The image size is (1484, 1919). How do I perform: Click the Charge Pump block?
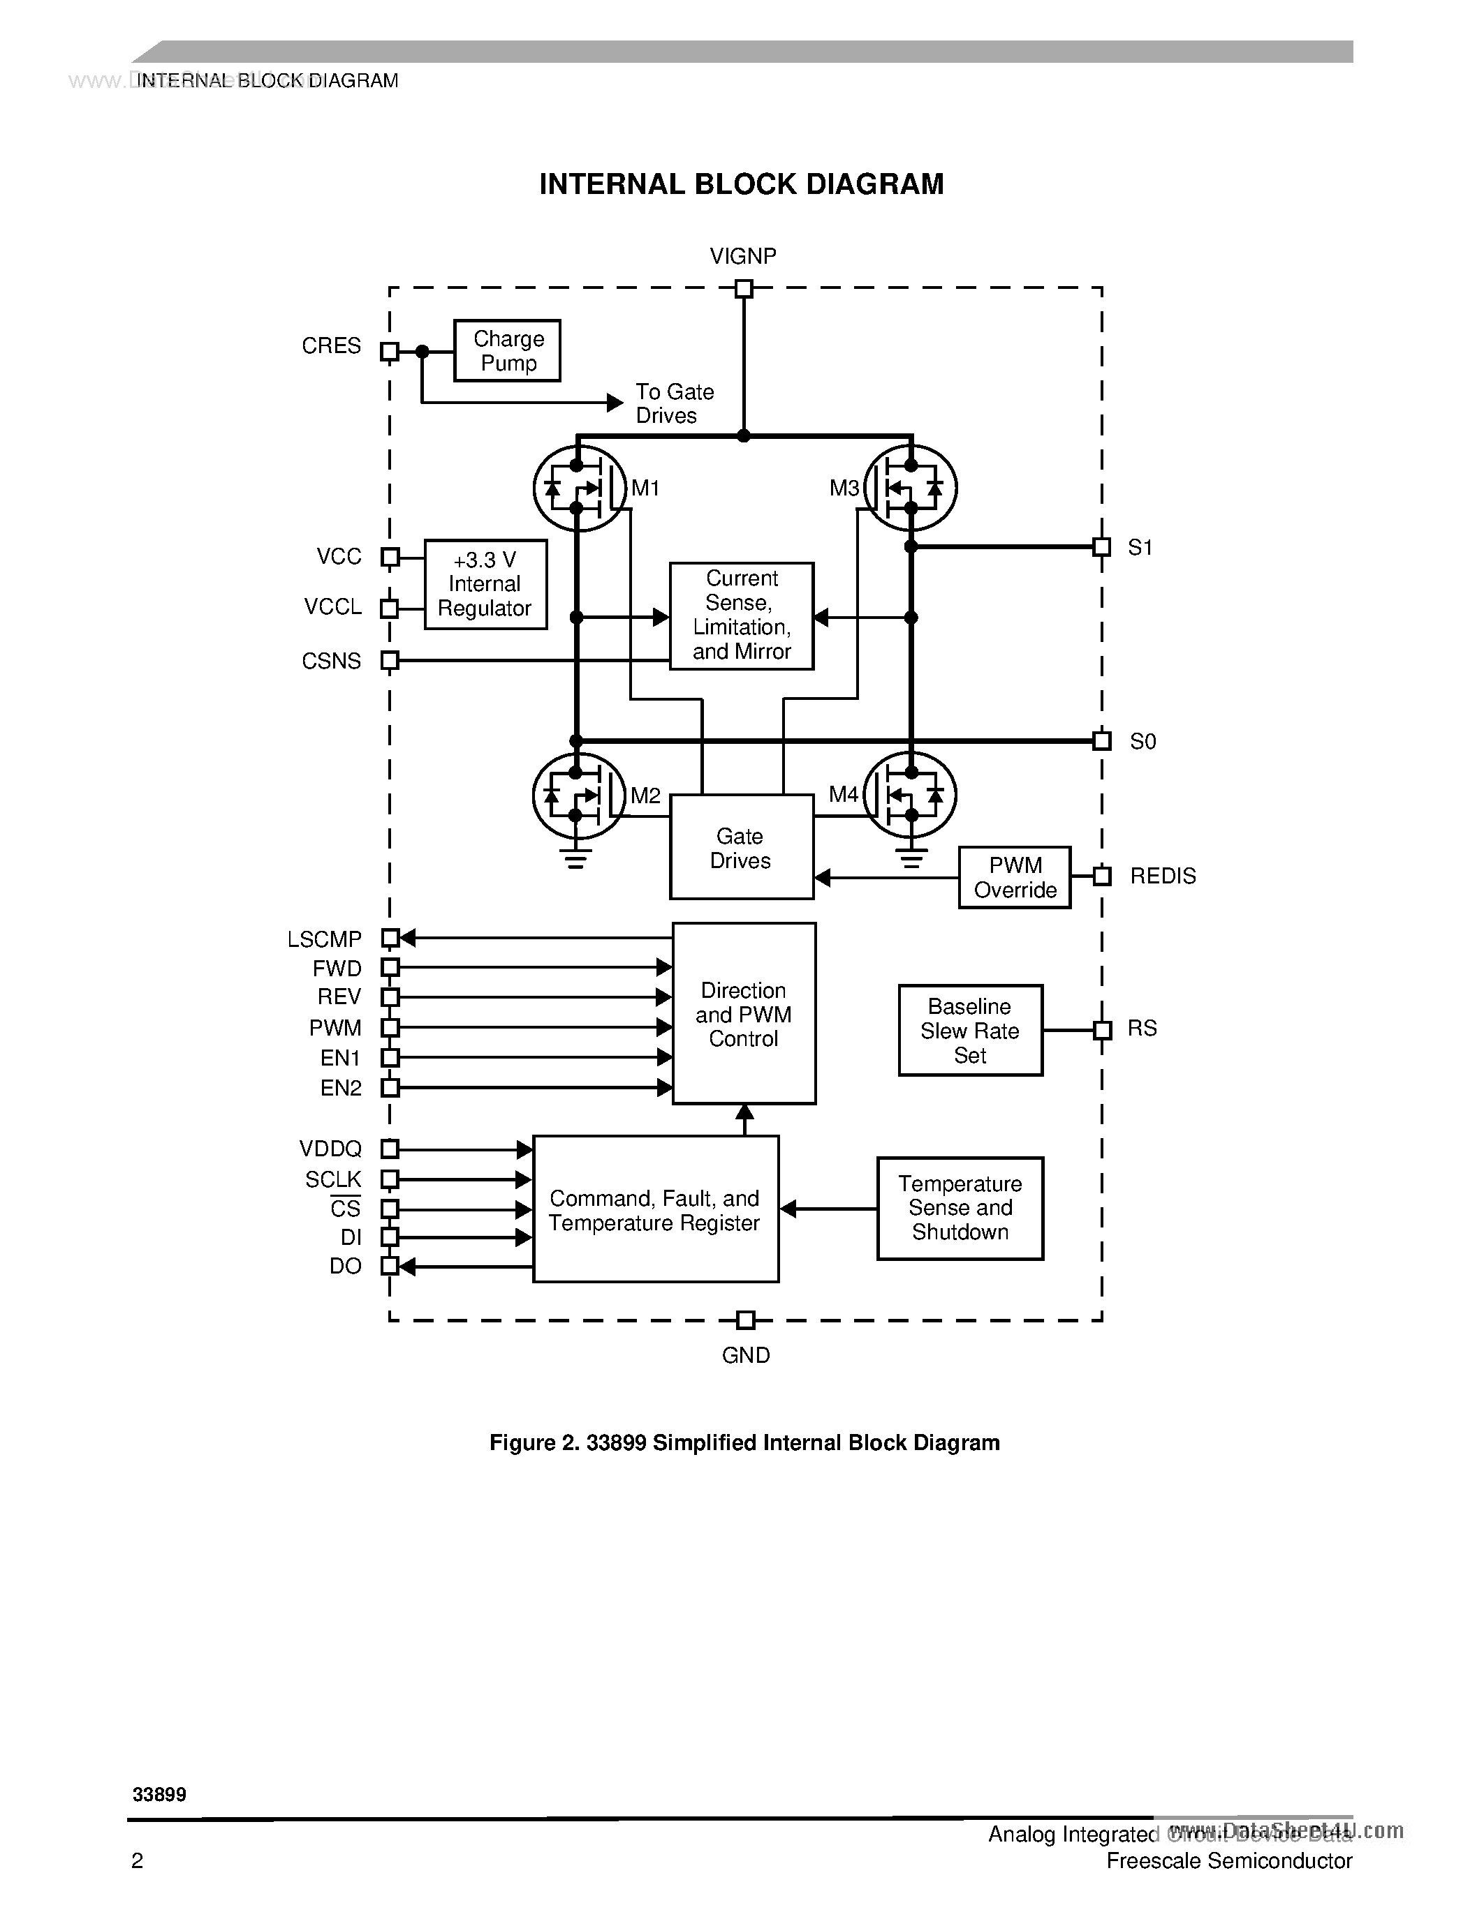507,350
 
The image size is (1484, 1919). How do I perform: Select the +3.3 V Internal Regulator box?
485,584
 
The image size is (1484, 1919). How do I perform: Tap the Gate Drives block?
741,847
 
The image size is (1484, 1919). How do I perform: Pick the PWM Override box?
1015,877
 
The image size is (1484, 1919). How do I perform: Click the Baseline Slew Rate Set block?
970,1030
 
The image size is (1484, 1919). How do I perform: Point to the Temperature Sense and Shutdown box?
960,1208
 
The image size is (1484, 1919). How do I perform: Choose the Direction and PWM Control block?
744,1013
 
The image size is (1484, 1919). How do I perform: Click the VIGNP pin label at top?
743,255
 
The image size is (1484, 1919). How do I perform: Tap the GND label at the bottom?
746,1355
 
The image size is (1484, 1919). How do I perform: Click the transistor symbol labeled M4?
911,796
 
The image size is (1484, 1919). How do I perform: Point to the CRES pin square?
390,352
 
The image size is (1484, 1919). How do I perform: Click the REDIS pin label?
1162,876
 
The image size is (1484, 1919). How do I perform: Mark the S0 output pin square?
1101,740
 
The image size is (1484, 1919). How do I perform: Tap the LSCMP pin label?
325,939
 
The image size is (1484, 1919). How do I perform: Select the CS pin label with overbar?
346,1208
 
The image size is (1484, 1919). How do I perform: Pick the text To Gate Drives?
675,403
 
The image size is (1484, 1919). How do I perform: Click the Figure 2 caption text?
744,1443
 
